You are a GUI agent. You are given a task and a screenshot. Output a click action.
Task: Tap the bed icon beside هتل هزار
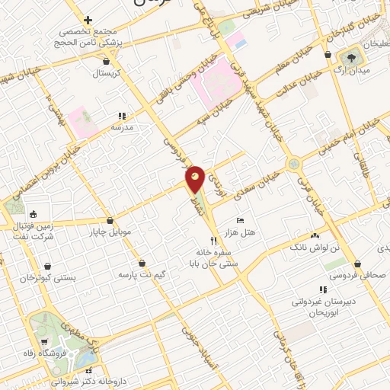tap(241, 220)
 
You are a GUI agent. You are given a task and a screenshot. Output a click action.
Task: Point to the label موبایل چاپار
tap(111, 231)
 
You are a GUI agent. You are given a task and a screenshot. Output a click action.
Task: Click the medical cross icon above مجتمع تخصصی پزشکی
tap(88, 20)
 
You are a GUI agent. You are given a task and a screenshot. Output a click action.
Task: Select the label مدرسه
tap(122, 128)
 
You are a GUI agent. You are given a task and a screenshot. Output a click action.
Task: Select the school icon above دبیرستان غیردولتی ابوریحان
tap(323, 290)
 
